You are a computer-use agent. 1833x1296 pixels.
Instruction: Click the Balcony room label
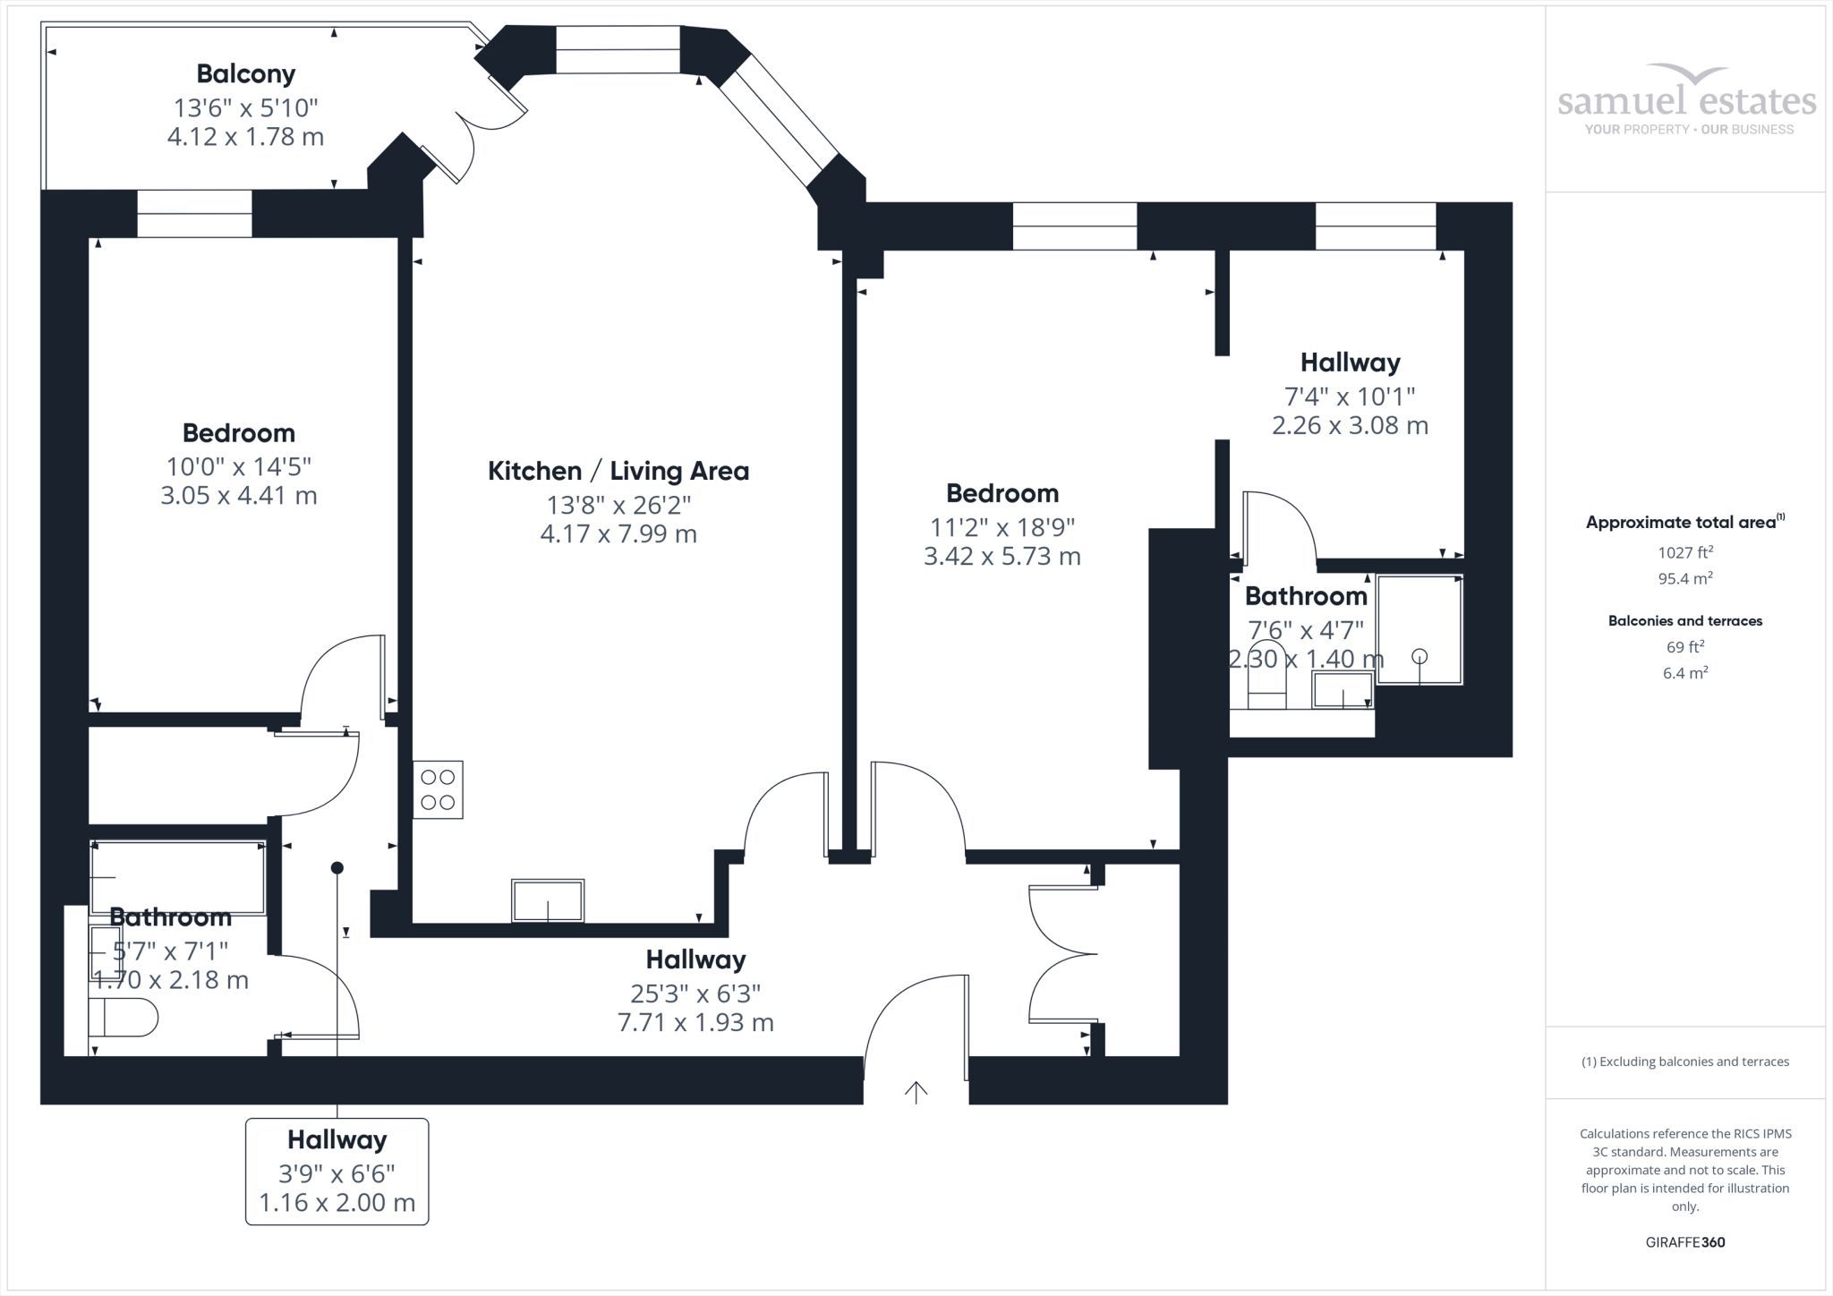[x=246, y=73]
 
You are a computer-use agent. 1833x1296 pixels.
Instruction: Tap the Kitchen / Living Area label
[x=618, y=471]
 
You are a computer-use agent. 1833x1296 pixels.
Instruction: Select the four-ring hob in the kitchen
[x=438, y=789]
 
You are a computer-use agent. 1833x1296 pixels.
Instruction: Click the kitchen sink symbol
[x=548, y=900]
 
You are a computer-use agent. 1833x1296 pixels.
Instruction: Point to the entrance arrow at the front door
[x=916, y=1092]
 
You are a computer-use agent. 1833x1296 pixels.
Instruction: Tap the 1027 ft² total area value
[x=1685, y=553]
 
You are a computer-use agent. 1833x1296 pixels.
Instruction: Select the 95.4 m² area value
[x=1685, y=578]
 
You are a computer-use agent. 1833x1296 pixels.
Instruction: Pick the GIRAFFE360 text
[x=1685, y=1242]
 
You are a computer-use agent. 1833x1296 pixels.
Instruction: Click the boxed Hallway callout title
[x=337, y=1139]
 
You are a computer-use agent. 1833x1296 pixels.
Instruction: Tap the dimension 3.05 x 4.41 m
[x=239, y=495]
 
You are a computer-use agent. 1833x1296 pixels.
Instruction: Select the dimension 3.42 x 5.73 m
[x=1002, y=556]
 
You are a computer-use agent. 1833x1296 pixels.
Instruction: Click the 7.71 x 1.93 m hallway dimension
[x=695, y=1022]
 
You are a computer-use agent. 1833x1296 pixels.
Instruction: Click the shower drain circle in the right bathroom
[x=1420, y=656]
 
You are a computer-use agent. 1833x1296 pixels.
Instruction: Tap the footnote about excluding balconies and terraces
[x=1685, y=1062]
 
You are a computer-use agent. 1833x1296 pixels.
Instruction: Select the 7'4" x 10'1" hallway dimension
[x=1350, y=396]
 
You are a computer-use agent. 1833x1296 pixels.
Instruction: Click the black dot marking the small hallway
[x=337, y=867]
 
